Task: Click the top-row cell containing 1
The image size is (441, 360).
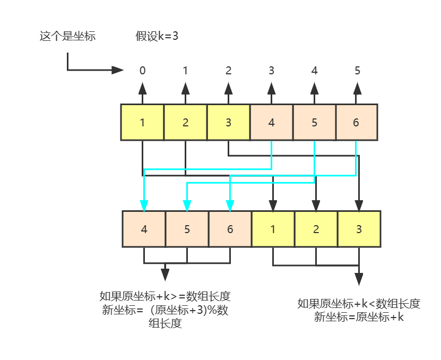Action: pos(142,122)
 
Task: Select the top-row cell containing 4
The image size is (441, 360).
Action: pos(272,122)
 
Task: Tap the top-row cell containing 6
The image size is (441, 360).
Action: pos(356,122)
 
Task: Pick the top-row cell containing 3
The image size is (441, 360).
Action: pos(228,122)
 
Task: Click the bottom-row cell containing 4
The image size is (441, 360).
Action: pos(144,229)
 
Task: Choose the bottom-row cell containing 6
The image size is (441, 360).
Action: pos(230,229)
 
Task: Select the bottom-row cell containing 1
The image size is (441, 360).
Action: pos(273,229)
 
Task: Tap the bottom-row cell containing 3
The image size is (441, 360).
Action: pos(359,229)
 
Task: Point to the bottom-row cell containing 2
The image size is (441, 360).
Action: pos(316,229)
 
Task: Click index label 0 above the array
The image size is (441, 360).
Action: pos(142,70)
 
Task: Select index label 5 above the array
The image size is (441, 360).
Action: pos(357,70)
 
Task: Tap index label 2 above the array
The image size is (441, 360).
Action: pos(228,70)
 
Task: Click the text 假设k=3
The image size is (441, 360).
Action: pos(157,37)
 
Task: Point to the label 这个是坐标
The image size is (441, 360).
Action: pos(68,37)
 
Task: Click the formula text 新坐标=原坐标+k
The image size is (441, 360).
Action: pos(359,317)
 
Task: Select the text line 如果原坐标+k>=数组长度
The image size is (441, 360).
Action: pos(165,296)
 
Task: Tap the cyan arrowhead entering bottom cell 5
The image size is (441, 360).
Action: pos(187,205)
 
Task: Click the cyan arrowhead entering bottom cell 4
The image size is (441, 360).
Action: pos(144,205)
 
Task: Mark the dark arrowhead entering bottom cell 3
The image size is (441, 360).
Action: pos(359,205)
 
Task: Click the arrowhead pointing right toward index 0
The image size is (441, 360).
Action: pos(118,70)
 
